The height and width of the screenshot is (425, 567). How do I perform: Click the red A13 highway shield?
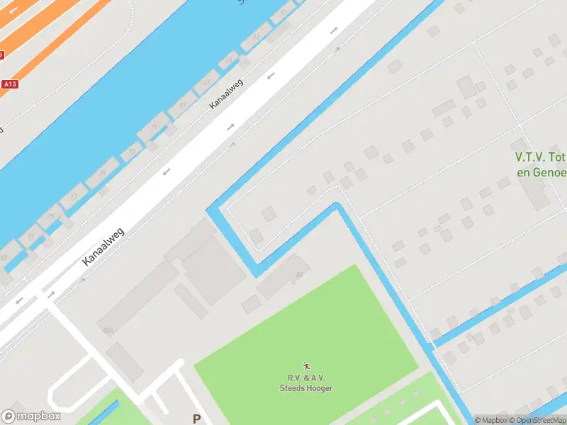9,84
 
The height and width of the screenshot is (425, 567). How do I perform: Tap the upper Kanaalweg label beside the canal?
226,93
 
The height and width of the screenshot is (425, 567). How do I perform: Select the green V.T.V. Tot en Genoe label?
540,164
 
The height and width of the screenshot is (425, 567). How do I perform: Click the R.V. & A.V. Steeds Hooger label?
305,383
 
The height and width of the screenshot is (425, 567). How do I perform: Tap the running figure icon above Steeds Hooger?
306,366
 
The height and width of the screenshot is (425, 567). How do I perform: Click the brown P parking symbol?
197,419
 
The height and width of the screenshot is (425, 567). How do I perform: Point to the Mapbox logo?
30,416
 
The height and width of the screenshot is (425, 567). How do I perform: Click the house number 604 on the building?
108,330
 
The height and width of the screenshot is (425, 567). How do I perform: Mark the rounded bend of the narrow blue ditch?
337,207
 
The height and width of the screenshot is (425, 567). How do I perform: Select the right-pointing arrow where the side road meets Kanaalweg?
51,293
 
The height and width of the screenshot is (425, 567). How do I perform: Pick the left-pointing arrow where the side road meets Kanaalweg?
19,300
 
